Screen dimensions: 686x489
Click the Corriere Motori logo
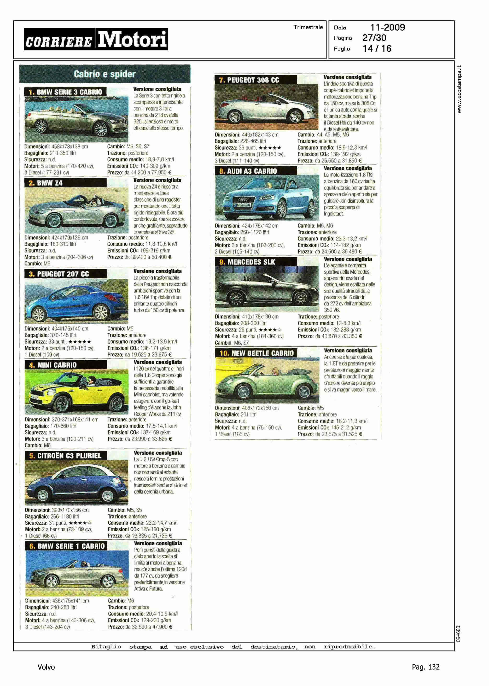point(96,39)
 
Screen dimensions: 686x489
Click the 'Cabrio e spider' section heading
point(104,74)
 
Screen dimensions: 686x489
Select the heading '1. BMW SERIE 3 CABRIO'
point(65,92)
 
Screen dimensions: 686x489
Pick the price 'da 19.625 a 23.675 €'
point(148,355)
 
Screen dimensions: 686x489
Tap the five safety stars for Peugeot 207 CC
point(79,342)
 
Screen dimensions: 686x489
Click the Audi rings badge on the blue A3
point(243,200)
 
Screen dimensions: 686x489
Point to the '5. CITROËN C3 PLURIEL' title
point(66,456)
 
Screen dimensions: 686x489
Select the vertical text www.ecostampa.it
point(459,89)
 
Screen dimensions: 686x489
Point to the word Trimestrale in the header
point(308,27)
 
